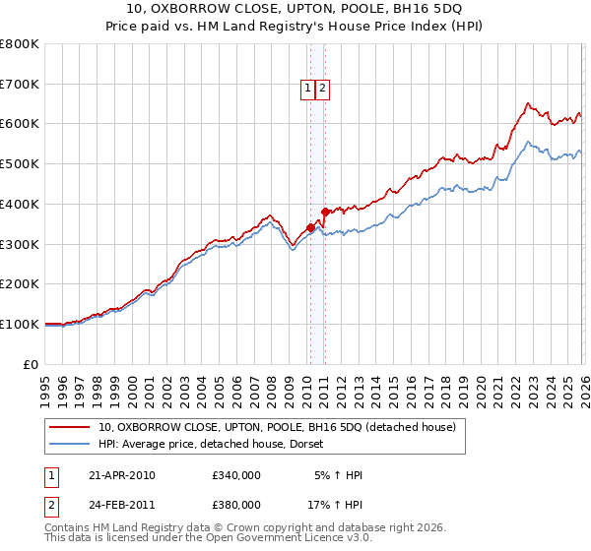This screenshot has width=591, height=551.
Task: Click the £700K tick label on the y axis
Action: pos(20,85)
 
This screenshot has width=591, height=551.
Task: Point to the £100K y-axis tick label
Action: pos(20,324)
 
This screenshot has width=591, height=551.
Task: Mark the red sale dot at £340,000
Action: pos(310,228)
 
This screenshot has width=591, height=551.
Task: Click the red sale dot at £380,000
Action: pos(325,212)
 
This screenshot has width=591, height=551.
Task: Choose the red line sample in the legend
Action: pos(71,428)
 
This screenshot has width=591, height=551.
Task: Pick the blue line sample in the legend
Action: pos(71,445)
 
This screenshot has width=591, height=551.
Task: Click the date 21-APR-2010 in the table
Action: pos(122,475)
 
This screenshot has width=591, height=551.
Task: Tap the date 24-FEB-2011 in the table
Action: pos(122,505)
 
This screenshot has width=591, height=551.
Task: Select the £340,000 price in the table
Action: pos(236,475)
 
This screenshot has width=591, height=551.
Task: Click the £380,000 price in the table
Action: pos(236,505)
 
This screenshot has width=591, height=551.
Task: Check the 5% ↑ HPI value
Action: pos(338,475)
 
